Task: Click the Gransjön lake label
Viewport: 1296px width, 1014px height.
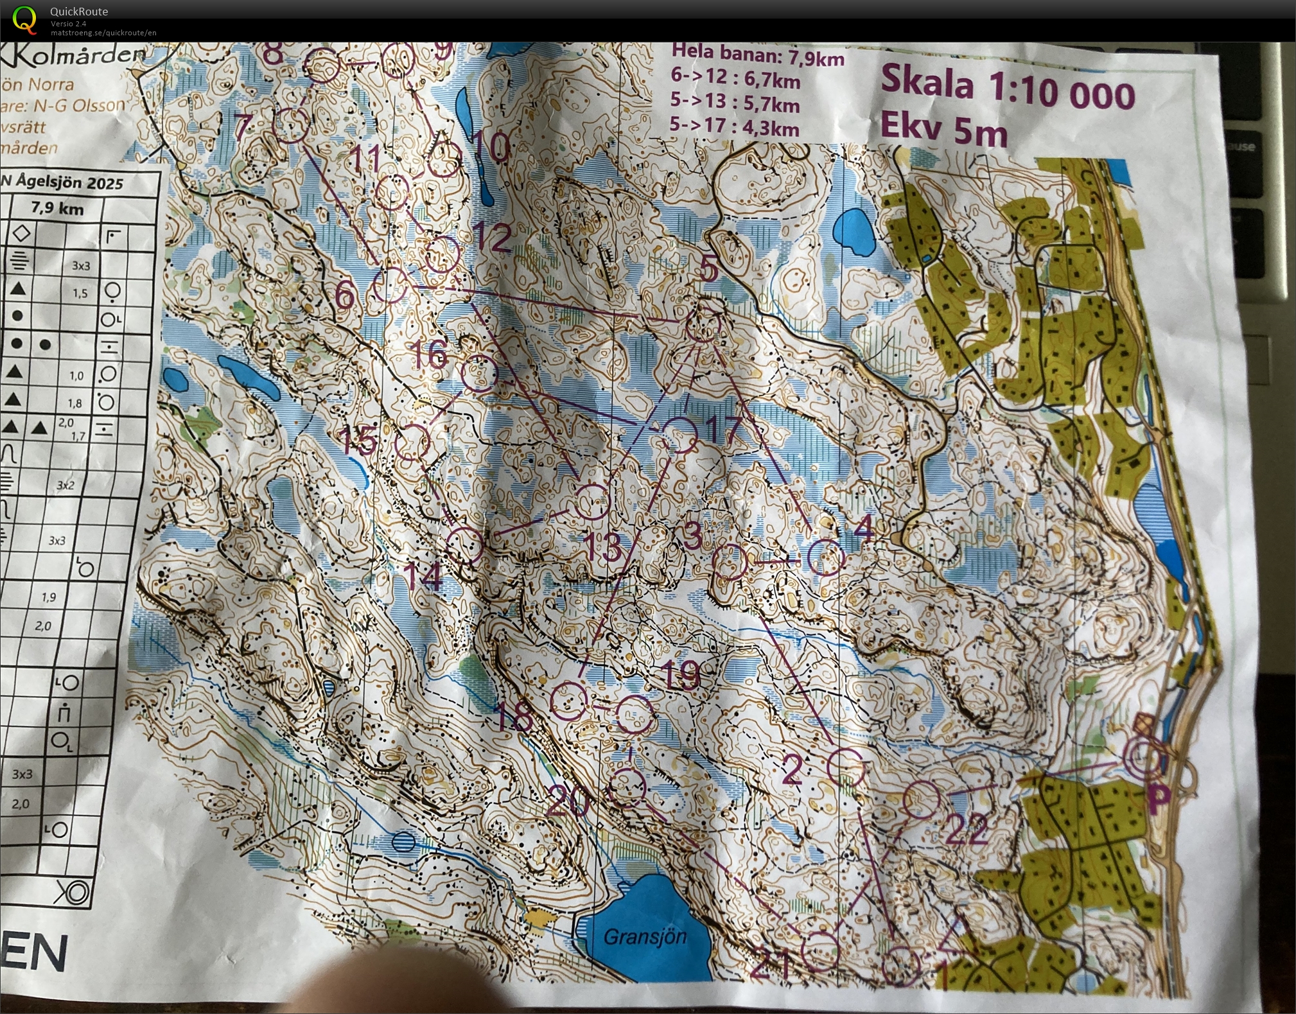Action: [x=644, y=937]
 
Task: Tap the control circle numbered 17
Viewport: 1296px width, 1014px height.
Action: [x=679, y=435]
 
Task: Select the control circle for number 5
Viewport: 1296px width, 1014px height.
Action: [x=704, y=325]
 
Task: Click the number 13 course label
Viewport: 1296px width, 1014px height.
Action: [x=604, y=546]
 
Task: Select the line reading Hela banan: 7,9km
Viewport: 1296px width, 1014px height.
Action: [x=757, y=57]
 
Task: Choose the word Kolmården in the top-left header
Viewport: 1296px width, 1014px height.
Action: [x=77, y=57]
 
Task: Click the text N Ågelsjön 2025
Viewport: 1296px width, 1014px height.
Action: [x=62, y=182]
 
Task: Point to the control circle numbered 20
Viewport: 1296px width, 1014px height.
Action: [x=626, y=787]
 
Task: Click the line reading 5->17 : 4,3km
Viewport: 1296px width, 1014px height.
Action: [x=734, y=126]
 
